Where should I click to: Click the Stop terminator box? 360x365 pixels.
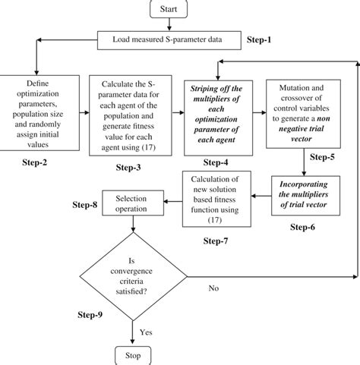134,354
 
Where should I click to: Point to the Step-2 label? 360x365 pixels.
34,162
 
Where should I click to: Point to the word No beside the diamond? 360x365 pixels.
216,288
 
